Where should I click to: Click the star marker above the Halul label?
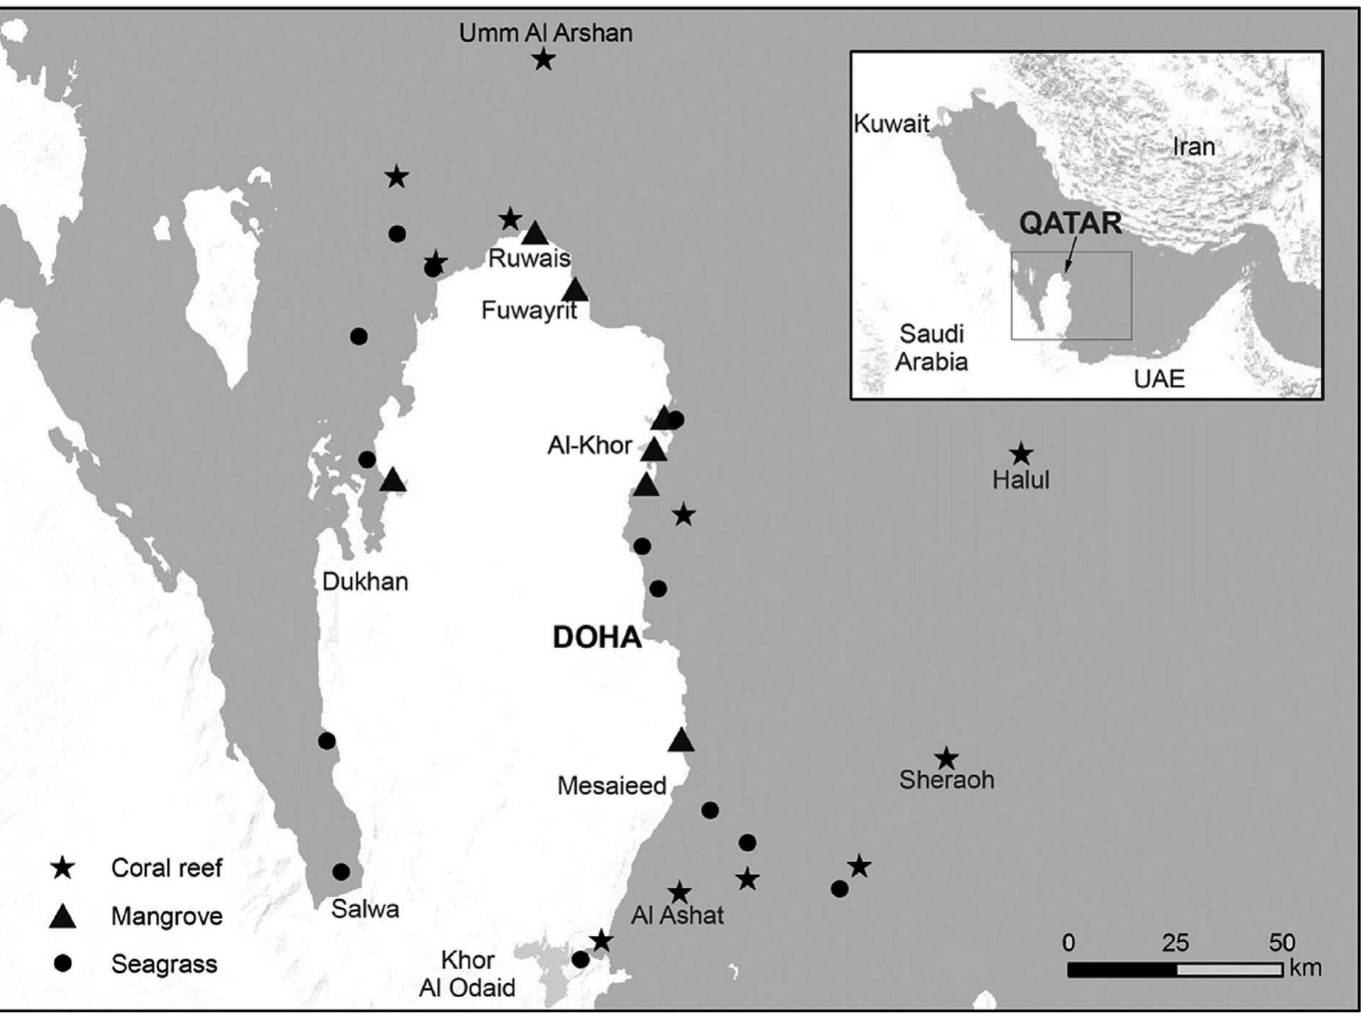pos(1021,455)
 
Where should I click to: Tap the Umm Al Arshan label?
pos(546,33)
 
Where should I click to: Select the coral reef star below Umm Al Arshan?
pos(543,59)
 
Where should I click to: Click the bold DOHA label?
pos(597,637)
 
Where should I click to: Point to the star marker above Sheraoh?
pos(946,758)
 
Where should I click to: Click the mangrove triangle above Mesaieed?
pos(680,740)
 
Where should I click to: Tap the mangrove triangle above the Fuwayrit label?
pos(575,290)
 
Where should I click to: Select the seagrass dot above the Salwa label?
pos(341,872)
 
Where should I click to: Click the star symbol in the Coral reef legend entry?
pos(63,868)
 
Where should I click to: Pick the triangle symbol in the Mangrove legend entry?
pos(63,916)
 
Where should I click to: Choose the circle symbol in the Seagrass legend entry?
pos(63,964)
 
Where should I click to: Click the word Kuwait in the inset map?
pos(891,124)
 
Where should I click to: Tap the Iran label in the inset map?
pos(1193,147)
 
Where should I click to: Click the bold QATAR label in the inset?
pos(1070,223)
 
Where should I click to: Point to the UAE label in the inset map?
pos(1159,378)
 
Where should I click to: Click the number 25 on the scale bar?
pos(1175,943)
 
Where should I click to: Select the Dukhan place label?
pos(365,582)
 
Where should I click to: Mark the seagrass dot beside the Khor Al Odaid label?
pos(580,959)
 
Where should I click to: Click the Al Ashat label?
pos(677,915)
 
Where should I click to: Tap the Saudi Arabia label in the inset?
pos(931,347)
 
